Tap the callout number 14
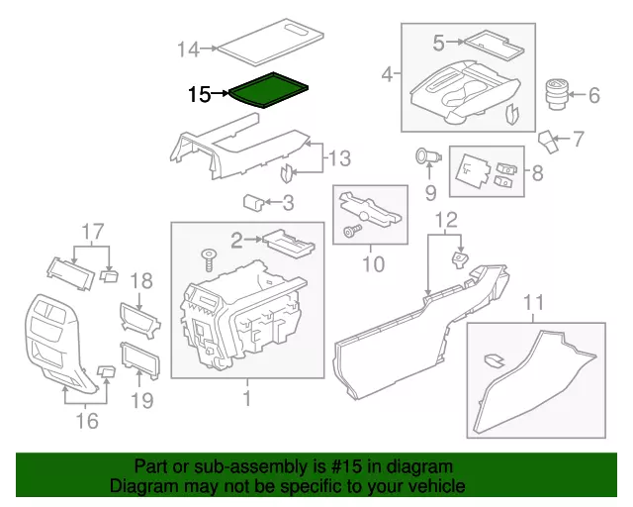tap(188, 49)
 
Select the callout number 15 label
tap(199, 94)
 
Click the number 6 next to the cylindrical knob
tap(594, 96)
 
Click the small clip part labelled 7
tap(549, 140)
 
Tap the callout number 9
tap(430, 190)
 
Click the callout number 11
tap(534, 302)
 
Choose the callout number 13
tap(339, 158)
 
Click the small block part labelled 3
tap(254, 202)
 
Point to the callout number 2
tap(237, 238)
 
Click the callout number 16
tap(87, 421)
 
